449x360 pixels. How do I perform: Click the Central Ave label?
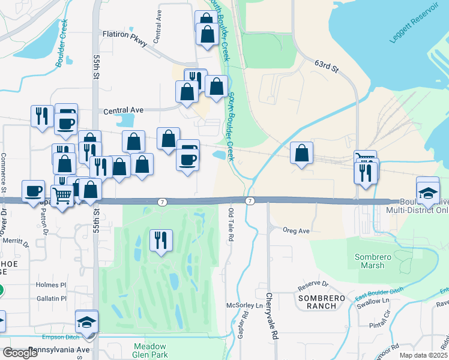tap(124, 111)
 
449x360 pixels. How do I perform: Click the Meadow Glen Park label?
tap(150, 351)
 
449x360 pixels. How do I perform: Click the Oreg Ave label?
tap(297, 230)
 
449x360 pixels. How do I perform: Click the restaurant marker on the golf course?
tap(161, 241)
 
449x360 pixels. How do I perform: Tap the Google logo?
tap(20, 353)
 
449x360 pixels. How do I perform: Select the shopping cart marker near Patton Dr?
tap(62, 195)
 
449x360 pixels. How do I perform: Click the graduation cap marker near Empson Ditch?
tap(87, 322)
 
